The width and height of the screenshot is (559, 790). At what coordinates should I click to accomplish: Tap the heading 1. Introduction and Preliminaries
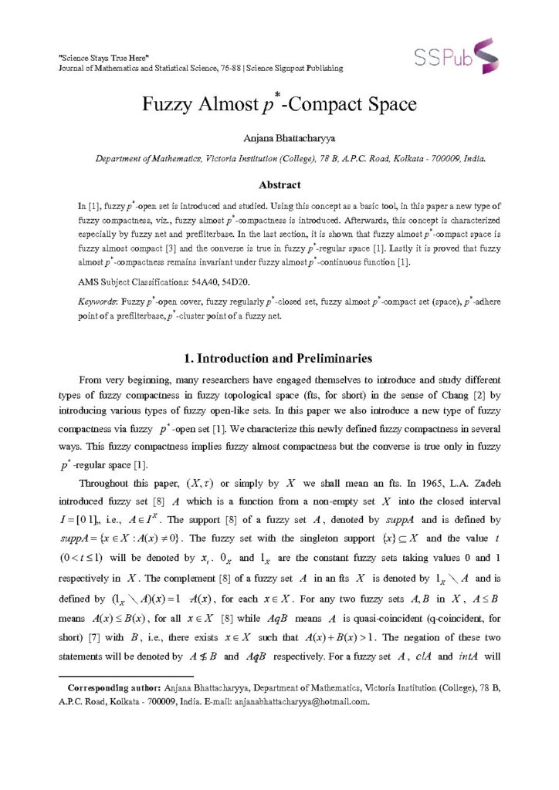click(279, 359)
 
